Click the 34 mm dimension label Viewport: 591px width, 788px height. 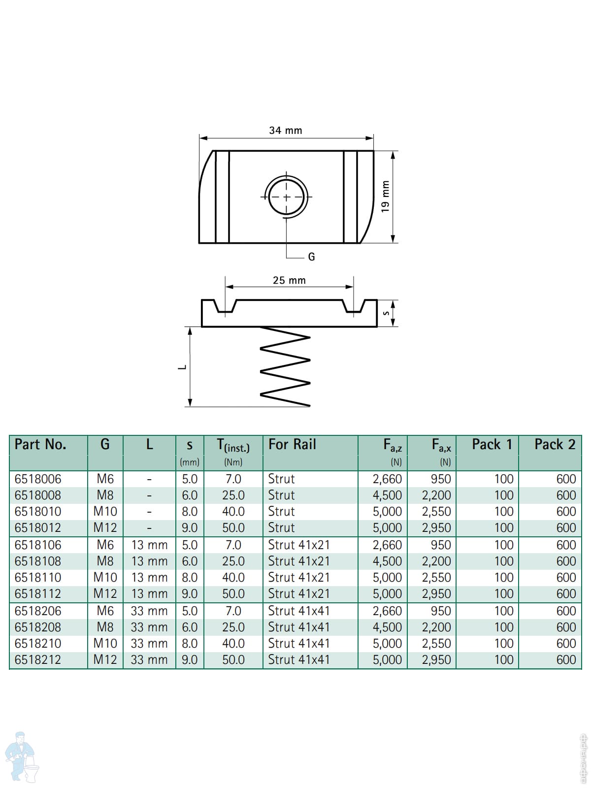286,131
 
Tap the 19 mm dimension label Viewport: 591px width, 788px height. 385,197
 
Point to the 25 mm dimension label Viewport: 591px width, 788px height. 289,280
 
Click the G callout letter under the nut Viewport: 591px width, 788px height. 311,257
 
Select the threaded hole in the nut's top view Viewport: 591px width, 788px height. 286,197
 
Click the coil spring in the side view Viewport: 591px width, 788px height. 285,366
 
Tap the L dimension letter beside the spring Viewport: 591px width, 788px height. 183,367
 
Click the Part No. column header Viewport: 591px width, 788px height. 40,444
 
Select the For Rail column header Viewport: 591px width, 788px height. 292,444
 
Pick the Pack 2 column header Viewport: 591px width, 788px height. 555,444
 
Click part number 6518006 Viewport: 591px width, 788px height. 38,479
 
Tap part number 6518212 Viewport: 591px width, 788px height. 38,659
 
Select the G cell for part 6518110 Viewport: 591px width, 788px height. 105,577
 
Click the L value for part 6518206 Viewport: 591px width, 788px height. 149,611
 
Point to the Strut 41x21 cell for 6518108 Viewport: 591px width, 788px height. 299,561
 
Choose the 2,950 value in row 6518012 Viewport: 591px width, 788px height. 436,528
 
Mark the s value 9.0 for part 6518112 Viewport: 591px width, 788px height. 190,594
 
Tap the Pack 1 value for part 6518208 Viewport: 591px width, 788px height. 504,627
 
